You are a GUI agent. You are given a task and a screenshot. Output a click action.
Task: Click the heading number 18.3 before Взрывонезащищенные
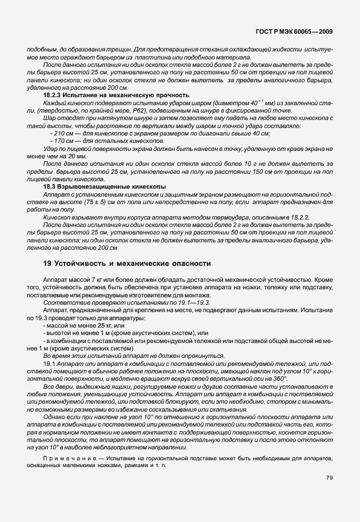click(50, 186)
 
